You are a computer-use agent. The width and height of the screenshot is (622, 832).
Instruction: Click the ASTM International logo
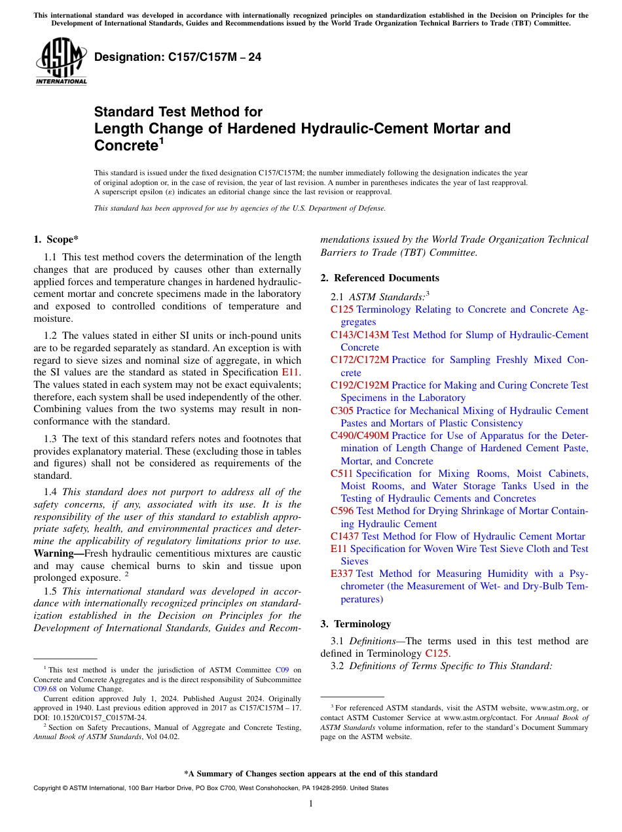coord(61,61)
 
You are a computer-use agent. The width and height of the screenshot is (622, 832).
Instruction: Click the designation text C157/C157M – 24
coord(177,58)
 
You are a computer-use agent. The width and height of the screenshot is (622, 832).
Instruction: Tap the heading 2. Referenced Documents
coord(380,278)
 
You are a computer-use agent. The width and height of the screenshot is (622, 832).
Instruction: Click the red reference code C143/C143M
coord(359,335)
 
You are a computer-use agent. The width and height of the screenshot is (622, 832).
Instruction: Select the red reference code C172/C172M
coord(359,360)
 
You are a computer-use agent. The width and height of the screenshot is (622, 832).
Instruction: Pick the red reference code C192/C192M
coord(359,385)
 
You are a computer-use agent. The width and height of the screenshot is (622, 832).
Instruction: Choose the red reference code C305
coord(342,411)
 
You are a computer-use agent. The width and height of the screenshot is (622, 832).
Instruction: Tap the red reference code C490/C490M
coord(359,436)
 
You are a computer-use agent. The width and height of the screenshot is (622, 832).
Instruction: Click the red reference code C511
coord(342,474)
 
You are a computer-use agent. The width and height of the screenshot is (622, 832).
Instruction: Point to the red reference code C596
coord(342,511)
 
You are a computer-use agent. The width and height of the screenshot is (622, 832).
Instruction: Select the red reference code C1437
coord(344,536)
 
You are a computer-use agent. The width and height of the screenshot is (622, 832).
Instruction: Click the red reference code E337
coord(342,574)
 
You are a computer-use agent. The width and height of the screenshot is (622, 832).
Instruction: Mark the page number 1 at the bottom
coord(311,803)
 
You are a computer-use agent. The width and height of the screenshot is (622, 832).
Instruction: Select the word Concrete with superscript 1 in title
coord(126,145)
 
